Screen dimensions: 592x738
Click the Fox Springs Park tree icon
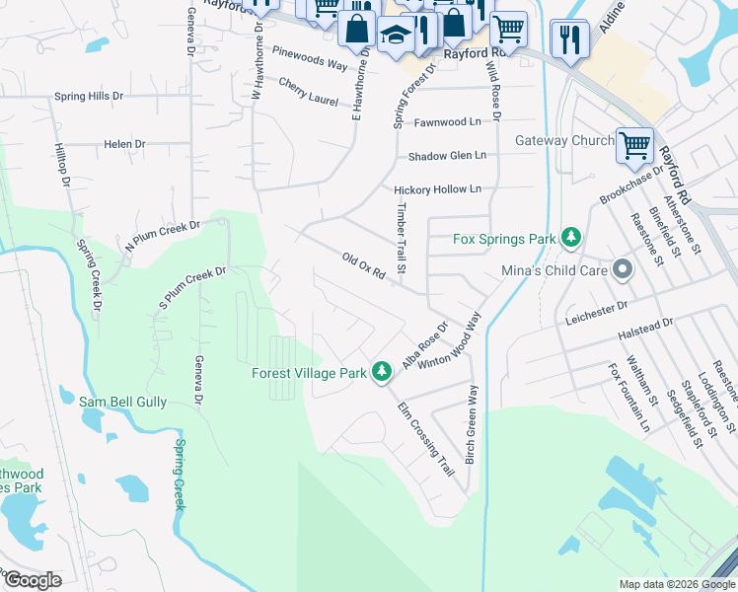pos(570,238)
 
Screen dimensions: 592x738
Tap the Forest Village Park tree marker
pos(383,372)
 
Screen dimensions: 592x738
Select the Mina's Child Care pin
pos(622,268)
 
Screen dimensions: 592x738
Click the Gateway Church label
pos(563,140)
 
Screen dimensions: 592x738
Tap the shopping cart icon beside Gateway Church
pos(634,145)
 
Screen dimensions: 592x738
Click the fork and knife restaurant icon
pos(570,39)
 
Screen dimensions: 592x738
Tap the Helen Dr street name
pos(124,144)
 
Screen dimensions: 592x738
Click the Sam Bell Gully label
pos(123,402)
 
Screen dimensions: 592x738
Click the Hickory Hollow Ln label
pos(437,188)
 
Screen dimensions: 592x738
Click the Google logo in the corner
pos(33,580)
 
